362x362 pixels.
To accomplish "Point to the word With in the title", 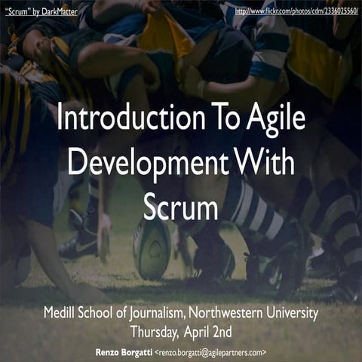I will [x=265, y=164].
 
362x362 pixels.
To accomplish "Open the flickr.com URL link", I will [x=295, y=12].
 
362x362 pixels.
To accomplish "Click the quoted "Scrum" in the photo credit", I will [x=20, y=12].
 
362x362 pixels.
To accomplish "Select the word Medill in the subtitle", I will [x=61, y=312].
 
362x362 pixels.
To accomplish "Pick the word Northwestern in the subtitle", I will [x=232, y=312].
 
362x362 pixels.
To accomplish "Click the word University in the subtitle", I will [x=293, y=312].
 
